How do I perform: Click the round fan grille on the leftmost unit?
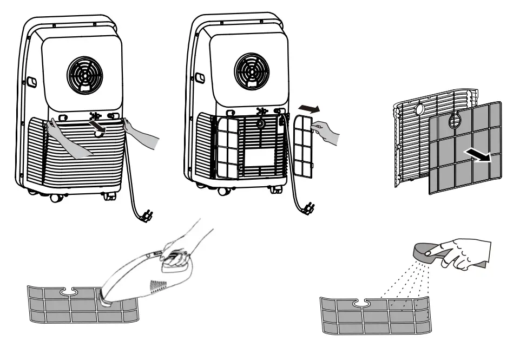click(84, 73)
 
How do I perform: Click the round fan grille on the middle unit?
click(252, 70)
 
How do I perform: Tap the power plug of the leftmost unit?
click(144, 215)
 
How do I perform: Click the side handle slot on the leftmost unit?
click(31, 82)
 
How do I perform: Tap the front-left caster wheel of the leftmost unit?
click(57, 197)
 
